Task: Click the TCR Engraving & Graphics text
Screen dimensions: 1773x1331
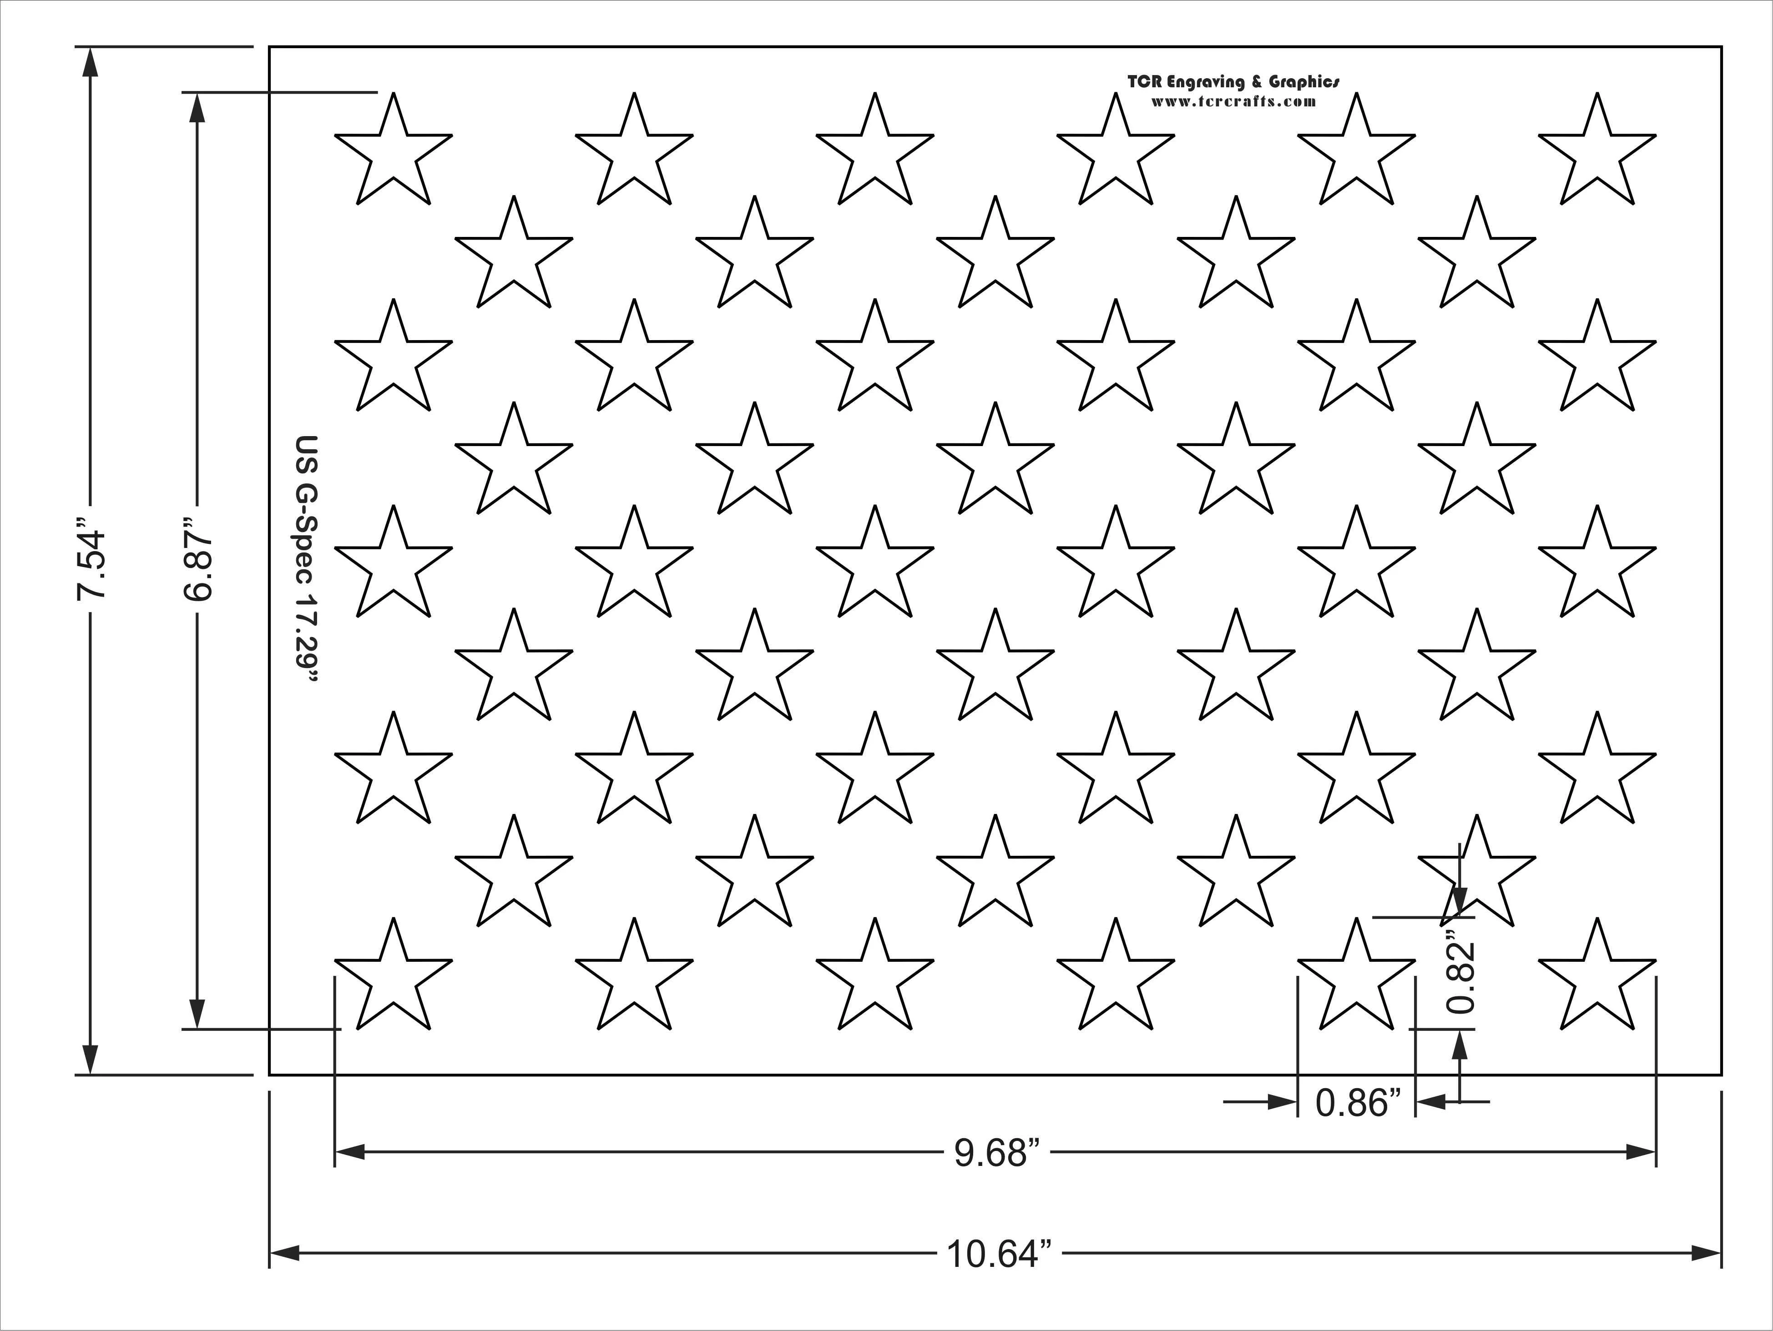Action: click(1233, 82)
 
